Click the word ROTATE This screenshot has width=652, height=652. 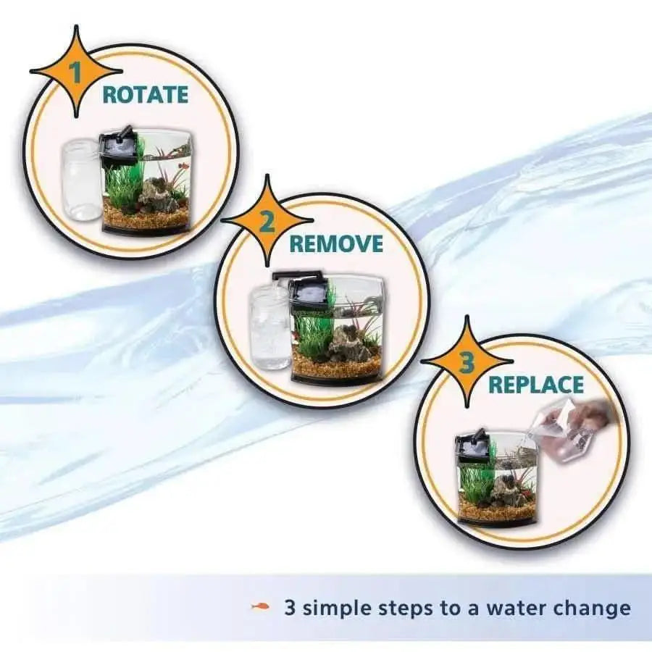[145, 95]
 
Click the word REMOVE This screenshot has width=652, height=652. [336, 243]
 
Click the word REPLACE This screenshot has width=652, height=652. [535, 384]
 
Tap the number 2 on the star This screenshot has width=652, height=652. [267, 221]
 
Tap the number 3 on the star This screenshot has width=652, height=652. [466, 361]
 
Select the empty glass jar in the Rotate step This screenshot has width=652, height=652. [81, 180]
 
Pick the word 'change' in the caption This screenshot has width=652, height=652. [593, 608]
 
